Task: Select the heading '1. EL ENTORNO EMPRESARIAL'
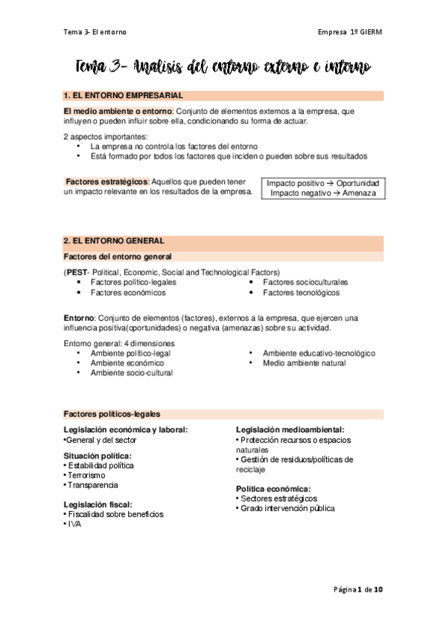(x=124, y=96)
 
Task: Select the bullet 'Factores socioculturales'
(x=305, y=283)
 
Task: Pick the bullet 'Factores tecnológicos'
(x=301, y=293)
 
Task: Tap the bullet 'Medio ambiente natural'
(x=304, y=362)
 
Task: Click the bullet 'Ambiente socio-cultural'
(x=131, y=373)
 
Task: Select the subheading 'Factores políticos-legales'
(x=112, y=414)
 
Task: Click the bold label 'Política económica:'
(x=273, y=489)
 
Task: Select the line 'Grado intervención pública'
(x=287, y=509)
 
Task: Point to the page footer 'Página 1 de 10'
(x=359, y=589)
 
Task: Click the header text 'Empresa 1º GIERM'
(x=349, y=32)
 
